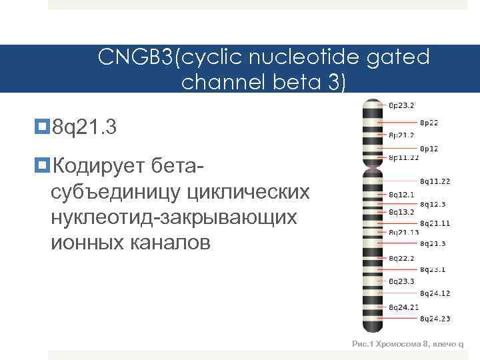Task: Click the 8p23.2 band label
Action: pos(401,105)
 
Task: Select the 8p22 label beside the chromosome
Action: pos(429,123)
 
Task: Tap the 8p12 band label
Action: pos(429,149)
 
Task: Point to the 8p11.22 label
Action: pos(403,158)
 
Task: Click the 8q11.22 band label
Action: pos(435,181)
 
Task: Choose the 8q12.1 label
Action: pos(401,195)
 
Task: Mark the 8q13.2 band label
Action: pos(401,212)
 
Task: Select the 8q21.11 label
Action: pos(435,223)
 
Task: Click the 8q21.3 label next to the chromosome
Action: pos(433,243)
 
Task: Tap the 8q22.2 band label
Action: pos(401,257)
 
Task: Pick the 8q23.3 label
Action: pos(401,281)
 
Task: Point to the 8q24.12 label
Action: pos(435,293)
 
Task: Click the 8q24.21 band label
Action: pos(403,307)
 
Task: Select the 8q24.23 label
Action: pos(435,319)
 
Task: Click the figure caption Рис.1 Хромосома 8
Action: pos(407,344)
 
